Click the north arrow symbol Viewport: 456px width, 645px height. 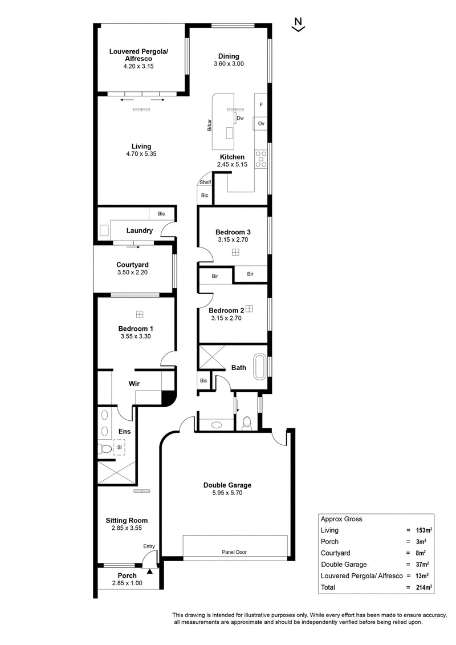click(x=298, y=25)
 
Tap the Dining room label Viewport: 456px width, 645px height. click(x=229, y=56)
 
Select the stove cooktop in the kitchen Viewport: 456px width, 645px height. click(x=261, y=159)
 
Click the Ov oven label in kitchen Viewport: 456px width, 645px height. click(x=261, y=123)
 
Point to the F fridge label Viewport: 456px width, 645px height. click(x=261, y=105)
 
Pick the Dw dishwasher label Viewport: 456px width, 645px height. click(x=241, y=118)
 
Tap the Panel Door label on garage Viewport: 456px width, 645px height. click(x=234, y=552)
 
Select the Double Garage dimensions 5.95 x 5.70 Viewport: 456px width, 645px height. click(x=227, y=493)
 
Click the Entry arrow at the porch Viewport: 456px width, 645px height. click(x=150, y=571)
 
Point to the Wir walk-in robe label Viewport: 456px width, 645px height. click(x=134, y=383)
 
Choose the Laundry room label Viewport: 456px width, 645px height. click(x=140, y=231)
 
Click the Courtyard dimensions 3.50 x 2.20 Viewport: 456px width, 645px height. click(x=132, y=273)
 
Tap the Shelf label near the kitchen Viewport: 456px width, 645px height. click(x=205, y=182)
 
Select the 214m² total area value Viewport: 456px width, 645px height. click(x=424, y=587)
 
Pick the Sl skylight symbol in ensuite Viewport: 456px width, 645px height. click(x=119, y=447)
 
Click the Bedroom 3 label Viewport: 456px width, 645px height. click(x=233, y=232)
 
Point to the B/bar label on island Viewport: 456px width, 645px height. click(x=209, y=125)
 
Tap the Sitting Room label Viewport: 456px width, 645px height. click(x=127, y=520)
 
